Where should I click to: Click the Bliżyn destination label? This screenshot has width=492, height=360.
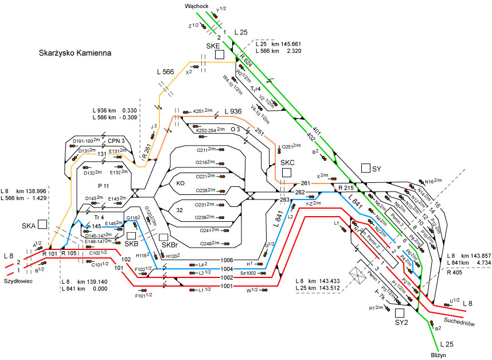[x=441, y=355]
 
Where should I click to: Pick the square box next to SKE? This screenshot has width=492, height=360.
[x=218, y=54]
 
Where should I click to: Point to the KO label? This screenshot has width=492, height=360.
[x=180, y=183]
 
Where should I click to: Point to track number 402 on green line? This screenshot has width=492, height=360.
[x=311, y=136]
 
